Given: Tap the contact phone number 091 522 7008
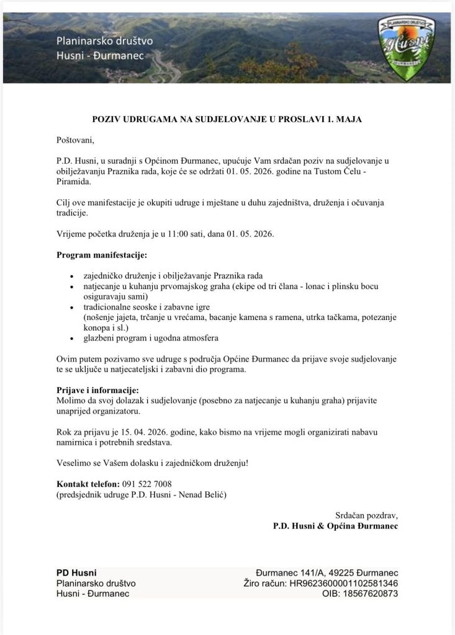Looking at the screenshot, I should click(x=146, y=484).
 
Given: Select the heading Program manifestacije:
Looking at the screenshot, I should click(x=102, y=255).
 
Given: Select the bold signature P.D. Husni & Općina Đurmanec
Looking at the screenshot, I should click(x=335, y=526).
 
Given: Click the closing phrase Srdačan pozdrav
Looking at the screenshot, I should click(x=366, y=515).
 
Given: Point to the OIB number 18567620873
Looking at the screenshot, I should click(x=366, y=593).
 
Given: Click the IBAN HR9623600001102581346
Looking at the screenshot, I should click(x=343, y=583).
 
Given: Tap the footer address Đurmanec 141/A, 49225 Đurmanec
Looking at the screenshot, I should click(x=327, y=572).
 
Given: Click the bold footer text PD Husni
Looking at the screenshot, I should click(x=76, y=572).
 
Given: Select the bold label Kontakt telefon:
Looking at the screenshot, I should click(x=88, y=484).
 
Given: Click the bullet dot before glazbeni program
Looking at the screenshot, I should click(x=74, y=339).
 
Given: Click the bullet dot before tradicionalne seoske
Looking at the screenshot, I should click(x=74, y=307).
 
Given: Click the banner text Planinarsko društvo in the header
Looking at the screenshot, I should click(x=104, y=41).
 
